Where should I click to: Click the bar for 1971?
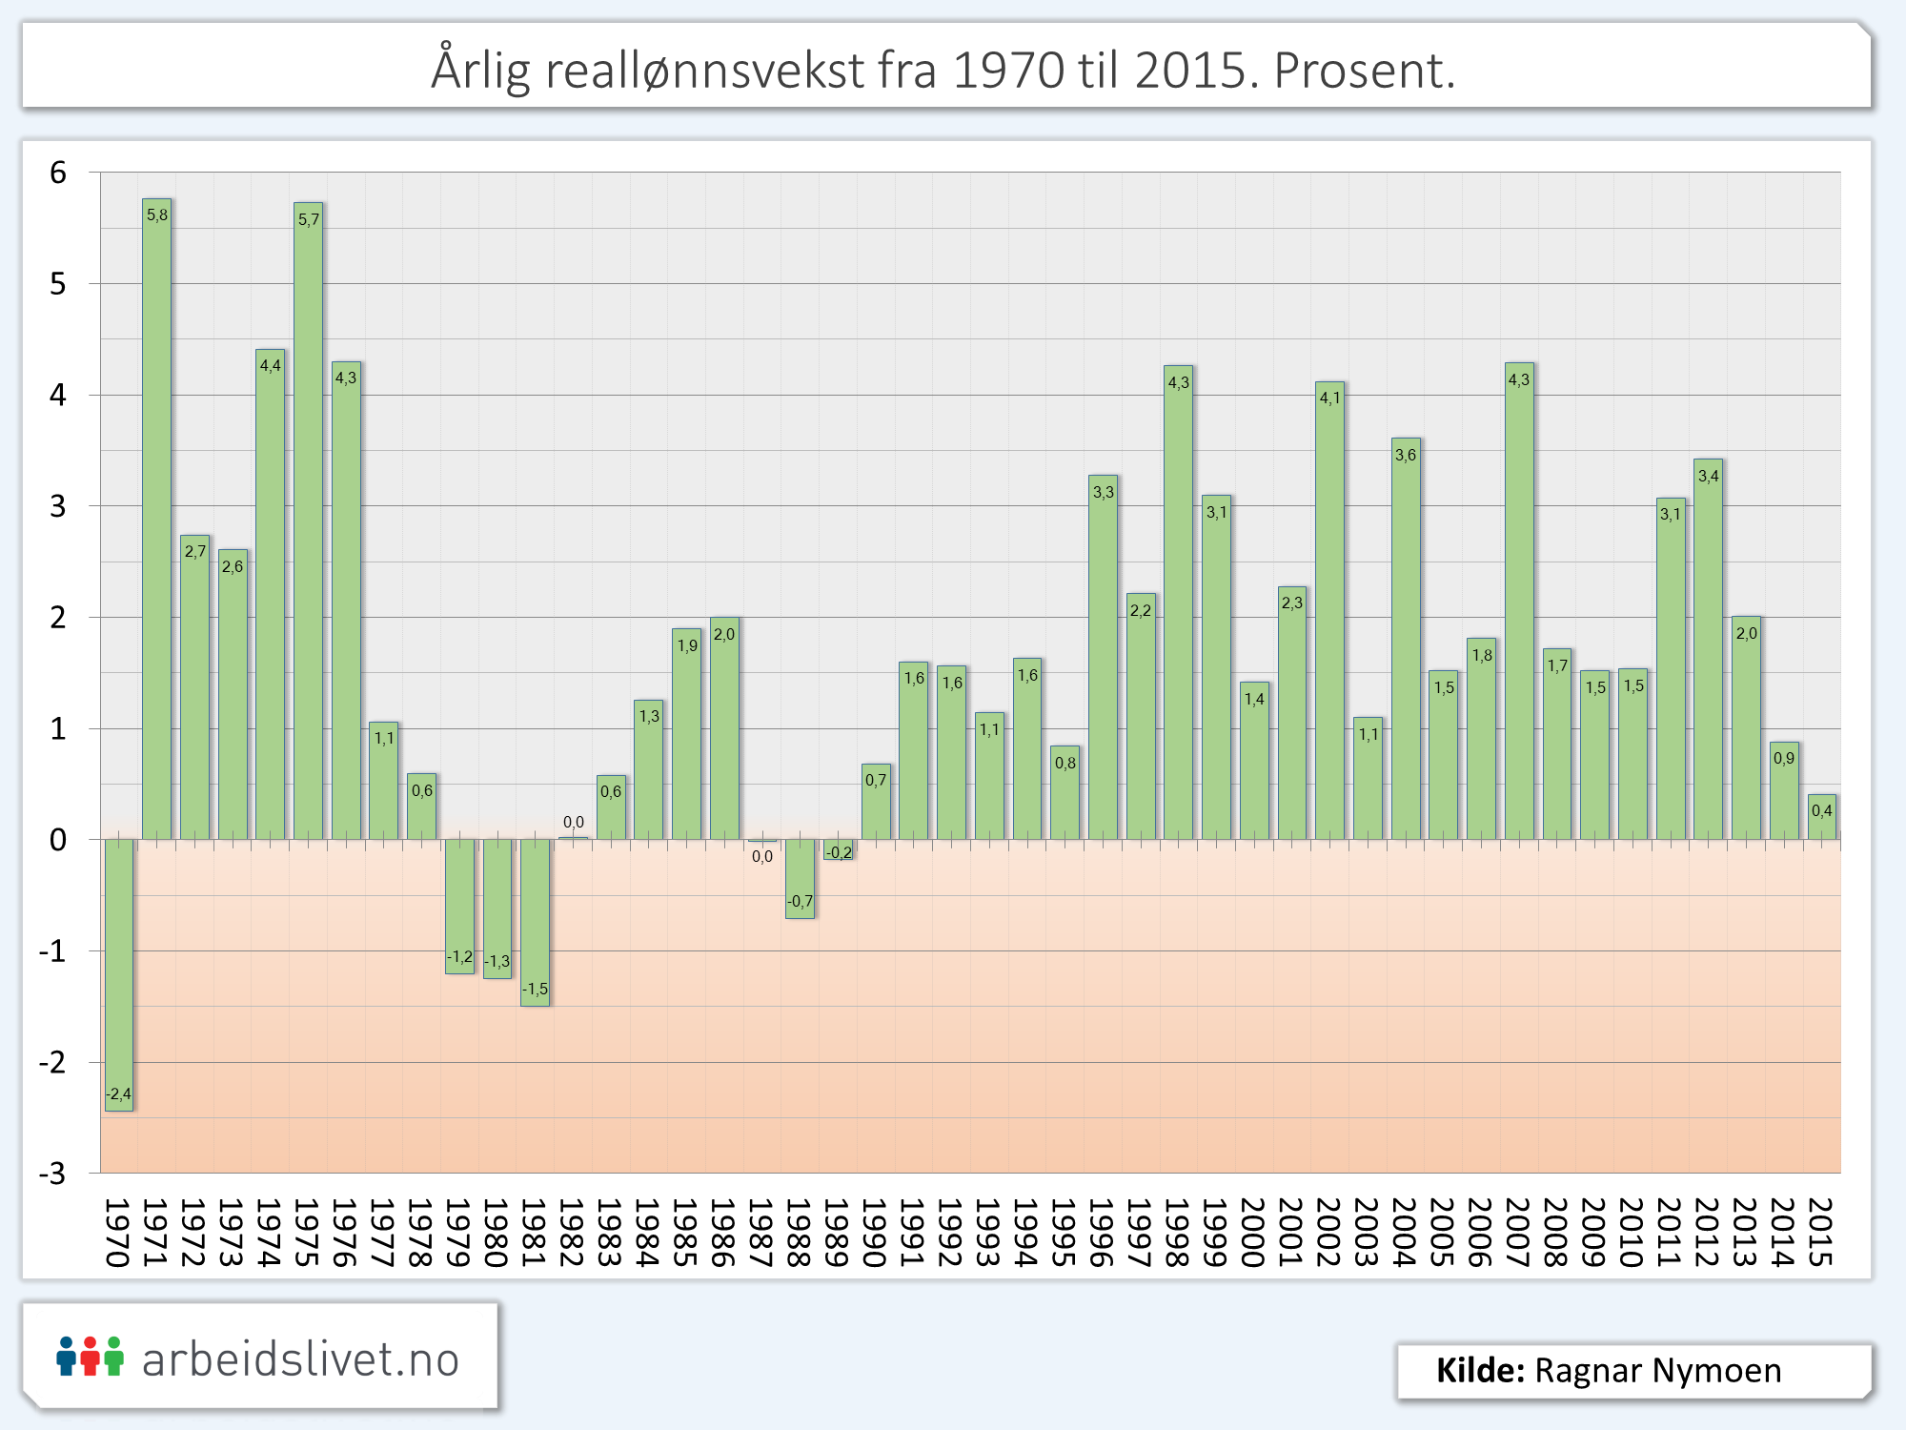(157, 520)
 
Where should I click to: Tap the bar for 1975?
(308, 521)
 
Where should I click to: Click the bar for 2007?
(1519, 601)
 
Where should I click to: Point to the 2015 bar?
(1821, 817)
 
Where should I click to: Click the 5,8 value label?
(157, 215)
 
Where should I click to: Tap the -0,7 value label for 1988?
(800, 901)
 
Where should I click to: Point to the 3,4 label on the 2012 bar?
(1708, 476)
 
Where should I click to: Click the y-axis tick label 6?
(58, 173)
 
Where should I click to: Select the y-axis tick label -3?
(52, 1173)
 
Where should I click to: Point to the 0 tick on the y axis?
(58, 840)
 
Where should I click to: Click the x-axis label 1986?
(723, 1233)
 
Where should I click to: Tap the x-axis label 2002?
(1328, 1233)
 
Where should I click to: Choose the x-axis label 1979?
(458, 1233)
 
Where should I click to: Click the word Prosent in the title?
(1363, 70)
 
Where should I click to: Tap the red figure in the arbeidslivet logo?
(91, 1356)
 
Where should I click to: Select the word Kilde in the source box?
(1480, 1370)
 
